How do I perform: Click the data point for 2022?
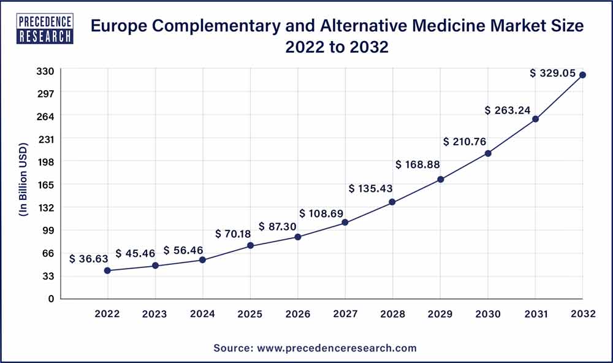107,270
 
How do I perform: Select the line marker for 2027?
345,223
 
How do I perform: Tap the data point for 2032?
583,75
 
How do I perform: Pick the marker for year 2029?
440,180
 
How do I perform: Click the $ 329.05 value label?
553,73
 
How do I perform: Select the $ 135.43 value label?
370,188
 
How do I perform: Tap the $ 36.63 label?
89,259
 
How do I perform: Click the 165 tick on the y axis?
47,185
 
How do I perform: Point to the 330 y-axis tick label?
47,71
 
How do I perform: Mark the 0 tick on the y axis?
51,299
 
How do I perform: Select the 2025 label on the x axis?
250,314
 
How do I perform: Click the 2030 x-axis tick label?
488,314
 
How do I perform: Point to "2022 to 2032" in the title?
337,47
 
